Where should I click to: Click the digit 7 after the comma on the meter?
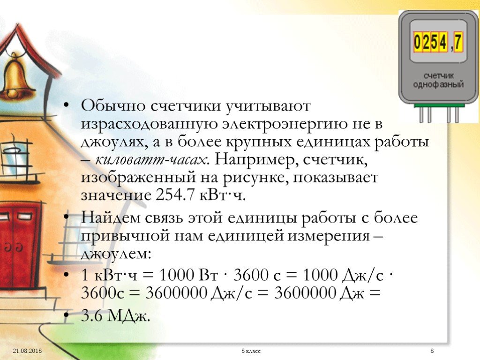tap(458, 42)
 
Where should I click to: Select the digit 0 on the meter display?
tap(418, 42)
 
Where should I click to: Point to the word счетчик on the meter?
tap(439, 75)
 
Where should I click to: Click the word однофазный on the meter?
tap(438, 84)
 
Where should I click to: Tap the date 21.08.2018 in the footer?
tap(27, 351)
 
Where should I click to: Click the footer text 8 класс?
tap(251, 351)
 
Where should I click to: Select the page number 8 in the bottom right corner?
tap(432, 351)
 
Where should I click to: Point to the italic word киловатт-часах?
tap(151, 160)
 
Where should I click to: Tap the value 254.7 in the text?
tap(175, 195)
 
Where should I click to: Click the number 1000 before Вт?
tap(177, 275)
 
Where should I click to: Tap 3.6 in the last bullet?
tap(92, 316)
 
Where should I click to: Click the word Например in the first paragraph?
tap(255, 160)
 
